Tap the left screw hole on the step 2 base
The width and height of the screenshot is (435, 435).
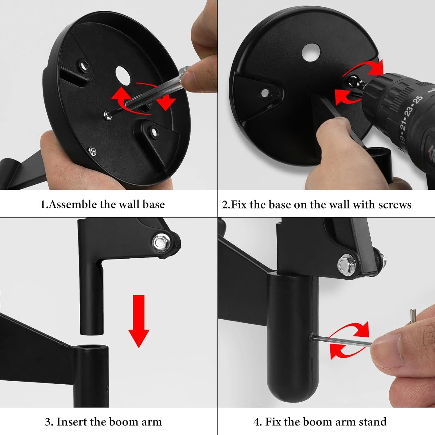click(265, 93)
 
